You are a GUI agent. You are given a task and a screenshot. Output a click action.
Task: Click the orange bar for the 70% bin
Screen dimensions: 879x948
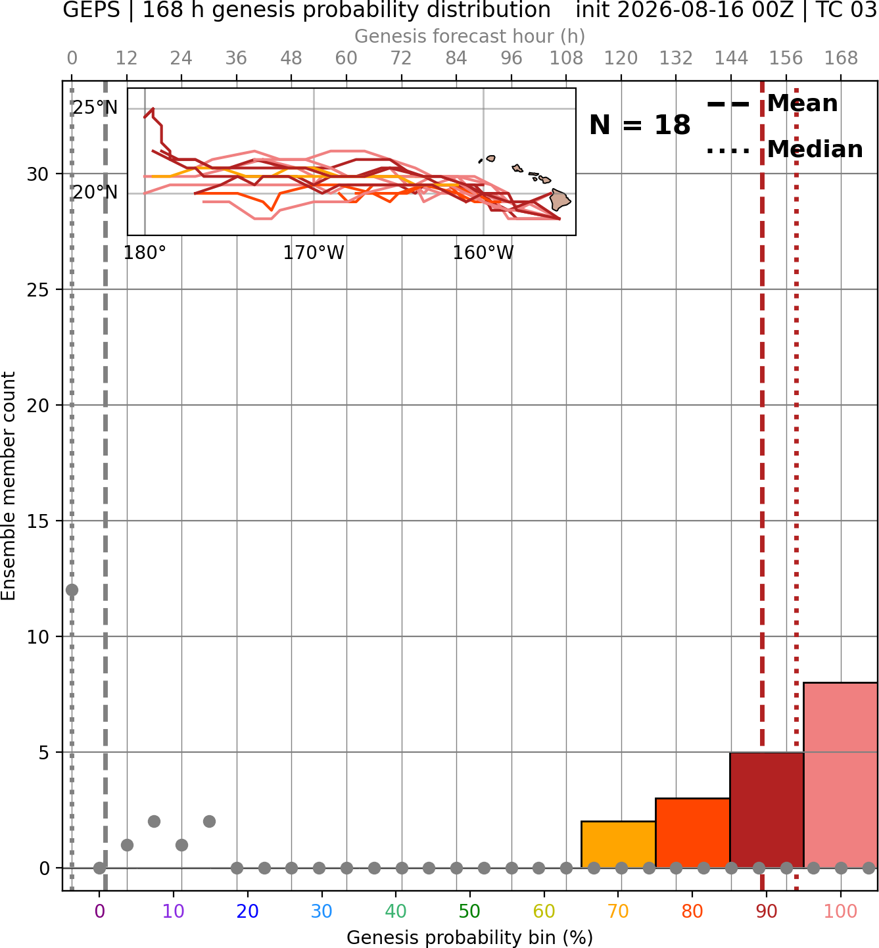(618, 844)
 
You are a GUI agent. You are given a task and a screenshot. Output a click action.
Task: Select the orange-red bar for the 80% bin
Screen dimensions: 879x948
(693, 832)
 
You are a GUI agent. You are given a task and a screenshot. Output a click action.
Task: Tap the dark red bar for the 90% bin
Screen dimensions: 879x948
(767, 810)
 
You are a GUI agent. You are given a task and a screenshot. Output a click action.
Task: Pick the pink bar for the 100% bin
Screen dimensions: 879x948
(841, 775)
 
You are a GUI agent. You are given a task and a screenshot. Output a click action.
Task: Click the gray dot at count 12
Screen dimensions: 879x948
(72, 590)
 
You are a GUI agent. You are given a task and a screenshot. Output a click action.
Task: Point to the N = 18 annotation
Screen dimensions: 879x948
(640, 125)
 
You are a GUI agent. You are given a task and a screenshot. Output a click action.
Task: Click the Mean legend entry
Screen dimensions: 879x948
(772, 104)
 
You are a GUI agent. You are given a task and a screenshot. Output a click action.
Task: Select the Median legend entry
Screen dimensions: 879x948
(784, 149)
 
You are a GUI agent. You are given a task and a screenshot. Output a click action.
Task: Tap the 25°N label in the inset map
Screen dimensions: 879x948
(95, 108)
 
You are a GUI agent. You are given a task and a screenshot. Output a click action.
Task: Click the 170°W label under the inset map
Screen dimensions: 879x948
(314, 252)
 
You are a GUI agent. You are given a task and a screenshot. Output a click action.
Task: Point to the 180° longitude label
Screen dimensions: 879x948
(145, 252)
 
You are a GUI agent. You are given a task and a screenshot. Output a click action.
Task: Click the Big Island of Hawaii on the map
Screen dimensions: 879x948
(559, 200)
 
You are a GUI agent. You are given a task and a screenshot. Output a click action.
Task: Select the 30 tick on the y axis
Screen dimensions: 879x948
(37, 174)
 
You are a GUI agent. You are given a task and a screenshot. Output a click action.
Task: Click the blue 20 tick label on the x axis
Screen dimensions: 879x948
(248, 911)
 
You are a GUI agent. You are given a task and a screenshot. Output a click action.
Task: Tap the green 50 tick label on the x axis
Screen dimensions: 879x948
(470, 911)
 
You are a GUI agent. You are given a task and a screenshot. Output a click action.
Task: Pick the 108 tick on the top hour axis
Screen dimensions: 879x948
(566, 59)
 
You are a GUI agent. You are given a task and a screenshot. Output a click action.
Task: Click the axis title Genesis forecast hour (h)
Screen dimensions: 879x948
(470, 36)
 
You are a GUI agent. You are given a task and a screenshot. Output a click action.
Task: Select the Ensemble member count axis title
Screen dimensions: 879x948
(9, 486)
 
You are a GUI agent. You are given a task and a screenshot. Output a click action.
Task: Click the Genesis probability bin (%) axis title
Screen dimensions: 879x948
(470, 937)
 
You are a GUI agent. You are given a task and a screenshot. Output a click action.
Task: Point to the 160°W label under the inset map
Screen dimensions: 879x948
(483, 252)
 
